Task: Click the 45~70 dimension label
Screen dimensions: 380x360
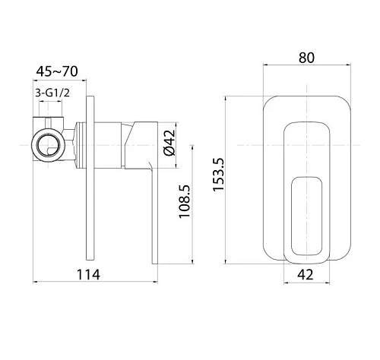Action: pyautogui.click(x=57, y=71)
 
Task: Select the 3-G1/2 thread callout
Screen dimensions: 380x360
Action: pyautogui.click(x=52, y=93)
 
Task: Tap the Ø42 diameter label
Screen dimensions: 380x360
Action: pyautogui.click(x=169, y=143)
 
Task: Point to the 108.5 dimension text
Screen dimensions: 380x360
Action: pyautogui.click(x=184, y=201)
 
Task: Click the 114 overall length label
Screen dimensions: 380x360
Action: pyautogui.click(x=88, y=274)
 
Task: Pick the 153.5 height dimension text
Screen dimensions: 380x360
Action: pyautogui.click(x=219, y=175)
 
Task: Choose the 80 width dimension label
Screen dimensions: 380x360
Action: pyautogui.click(x=306, y=58)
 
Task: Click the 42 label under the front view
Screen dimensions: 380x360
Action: pyautogui.click(x=306, y=274)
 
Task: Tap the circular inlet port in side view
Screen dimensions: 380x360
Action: pyautogui.click(x=49, y=146)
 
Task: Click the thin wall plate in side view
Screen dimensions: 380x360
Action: pyautogui.click(x=90, y=178)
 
